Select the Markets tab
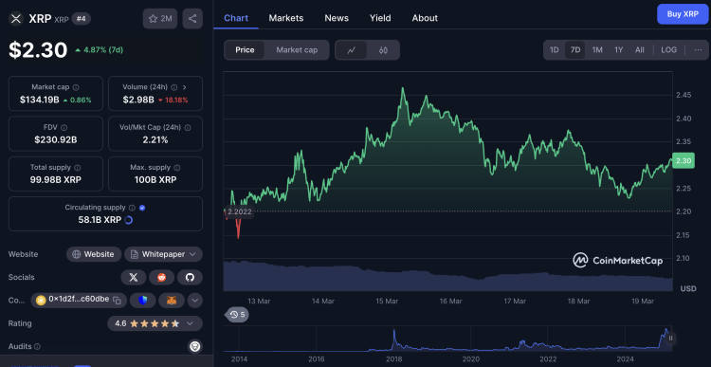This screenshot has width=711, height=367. click(286, 18)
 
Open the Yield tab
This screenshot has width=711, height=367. click(380, 18)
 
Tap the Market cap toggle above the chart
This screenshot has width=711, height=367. click(297, 49)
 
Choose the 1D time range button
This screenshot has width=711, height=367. click(554, 49)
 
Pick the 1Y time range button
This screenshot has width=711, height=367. click(618, 49)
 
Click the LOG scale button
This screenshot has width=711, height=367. click(668, 49)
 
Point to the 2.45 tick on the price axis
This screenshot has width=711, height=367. click(683, 95)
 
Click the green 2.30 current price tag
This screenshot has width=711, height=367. click(684, 160)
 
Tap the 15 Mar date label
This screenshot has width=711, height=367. click(387, 301)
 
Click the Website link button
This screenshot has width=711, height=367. click(94, 254)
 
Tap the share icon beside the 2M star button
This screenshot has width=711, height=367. click(192, 18)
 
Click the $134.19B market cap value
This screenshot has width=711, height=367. click(40, 99)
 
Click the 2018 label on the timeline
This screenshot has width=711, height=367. click(393, 359)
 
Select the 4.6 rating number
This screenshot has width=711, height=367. click(121, 323)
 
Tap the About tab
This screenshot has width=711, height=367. click(425, 18)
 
